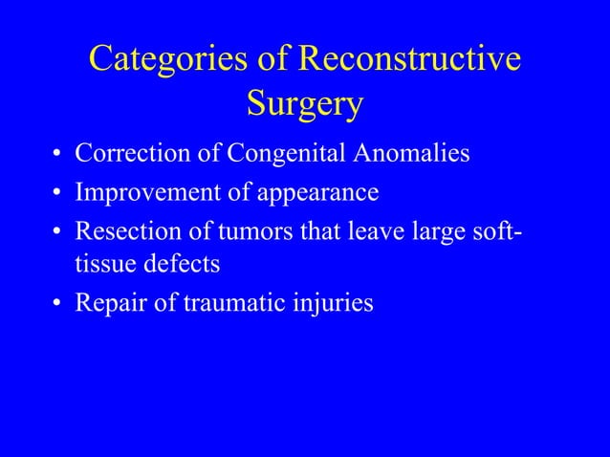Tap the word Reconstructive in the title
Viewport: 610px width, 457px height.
pos(410,59)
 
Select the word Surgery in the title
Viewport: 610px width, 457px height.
pos(304,104)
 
